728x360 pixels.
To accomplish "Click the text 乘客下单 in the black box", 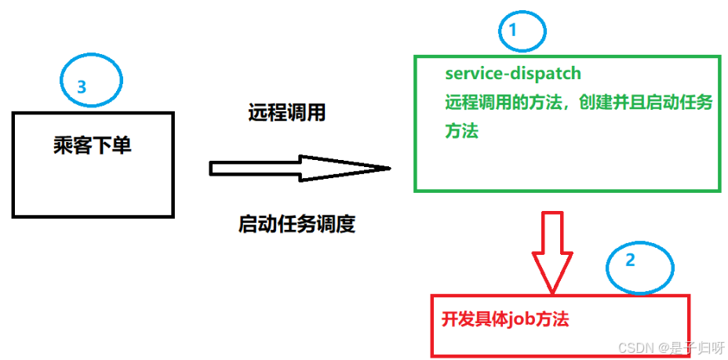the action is (93, 145).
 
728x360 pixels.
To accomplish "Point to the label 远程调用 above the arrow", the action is (287, 113).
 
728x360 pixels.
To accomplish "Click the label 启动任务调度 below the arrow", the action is (297, 225).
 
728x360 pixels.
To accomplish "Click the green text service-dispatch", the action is (513, 74).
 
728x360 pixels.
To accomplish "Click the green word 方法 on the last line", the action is (461, 131).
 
